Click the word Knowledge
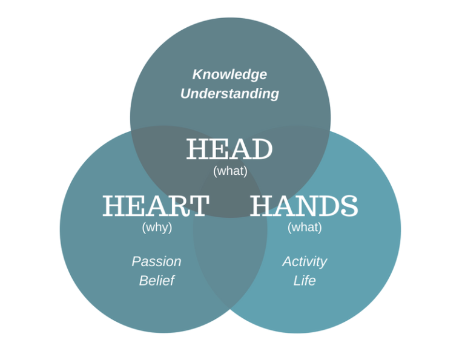pos(229,74)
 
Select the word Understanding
pos(229,94)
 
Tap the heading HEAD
pos(229,149)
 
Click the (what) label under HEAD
pos(230,171)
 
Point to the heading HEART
pos(156,206)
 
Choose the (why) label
pos(157,227)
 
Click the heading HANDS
pos(304,206)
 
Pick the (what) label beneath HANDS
pos(305,227)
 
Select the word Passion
pos(156,261)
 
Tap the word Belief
pos(156,281)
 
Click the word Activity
pos(305,261)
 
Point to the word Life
pos(305,281)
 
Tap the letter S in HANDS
pos(349,206)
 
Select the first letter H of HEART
pos(113,206)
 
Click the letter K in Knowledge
pos(197,74)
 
